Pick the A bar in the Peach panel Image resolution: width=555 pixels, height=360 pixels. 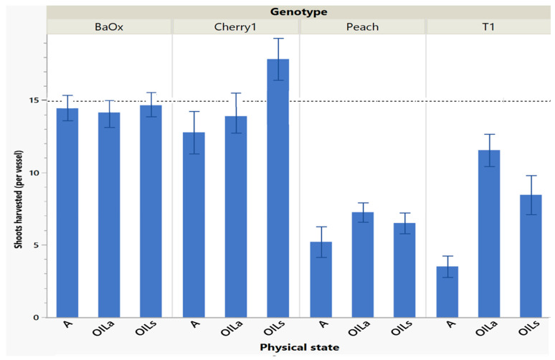tap(321, 280)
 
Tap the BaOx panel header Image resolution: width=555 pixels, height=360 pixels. tap(109, 27)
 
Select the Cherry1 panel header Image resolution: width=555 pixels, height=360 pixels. tap(236, 27)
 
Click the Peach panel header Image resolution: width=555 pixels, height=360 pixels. tap(363, 27)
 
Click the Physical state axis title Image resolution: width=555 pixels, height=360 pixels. tap(299, 348)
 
